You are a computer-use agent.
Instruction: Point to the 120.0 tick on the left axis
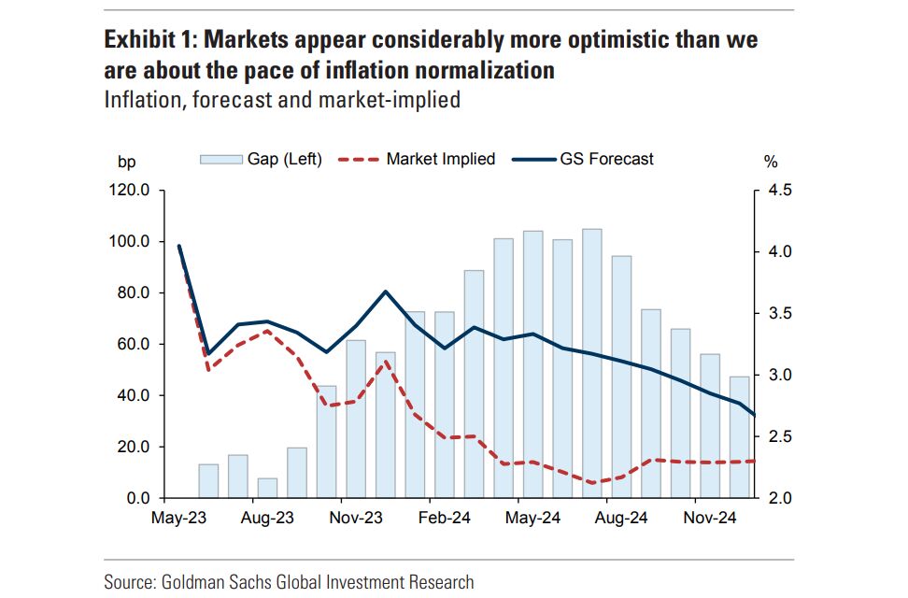(131, 191)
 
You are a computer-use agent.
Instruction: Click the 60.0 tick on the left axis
(135, 344)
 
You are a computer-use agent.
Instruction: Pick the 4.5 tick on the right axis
(779, 191)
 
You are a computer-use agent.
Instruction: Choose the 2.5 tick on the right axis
(779, 436)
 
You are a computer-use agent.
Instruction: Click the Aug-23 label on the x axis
(267, 517)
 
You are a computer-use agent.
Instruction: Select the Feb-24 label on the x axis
(444, 517)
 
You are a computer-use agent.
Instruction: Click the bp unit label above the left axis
(126, 161)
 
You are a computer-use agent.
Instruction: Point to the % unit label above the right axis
(771, 161)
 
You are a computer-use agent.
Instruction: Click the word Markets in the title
(246, 41)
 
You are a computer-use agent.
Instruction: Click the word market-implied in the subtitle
(390, 99)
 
